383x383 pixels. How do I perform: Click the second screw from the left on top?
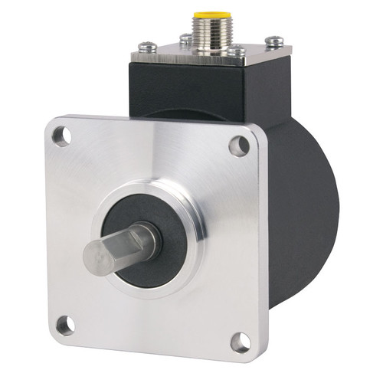coord(185,38)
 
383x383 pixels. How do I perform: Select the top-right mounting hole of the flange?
coord(239,144)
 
